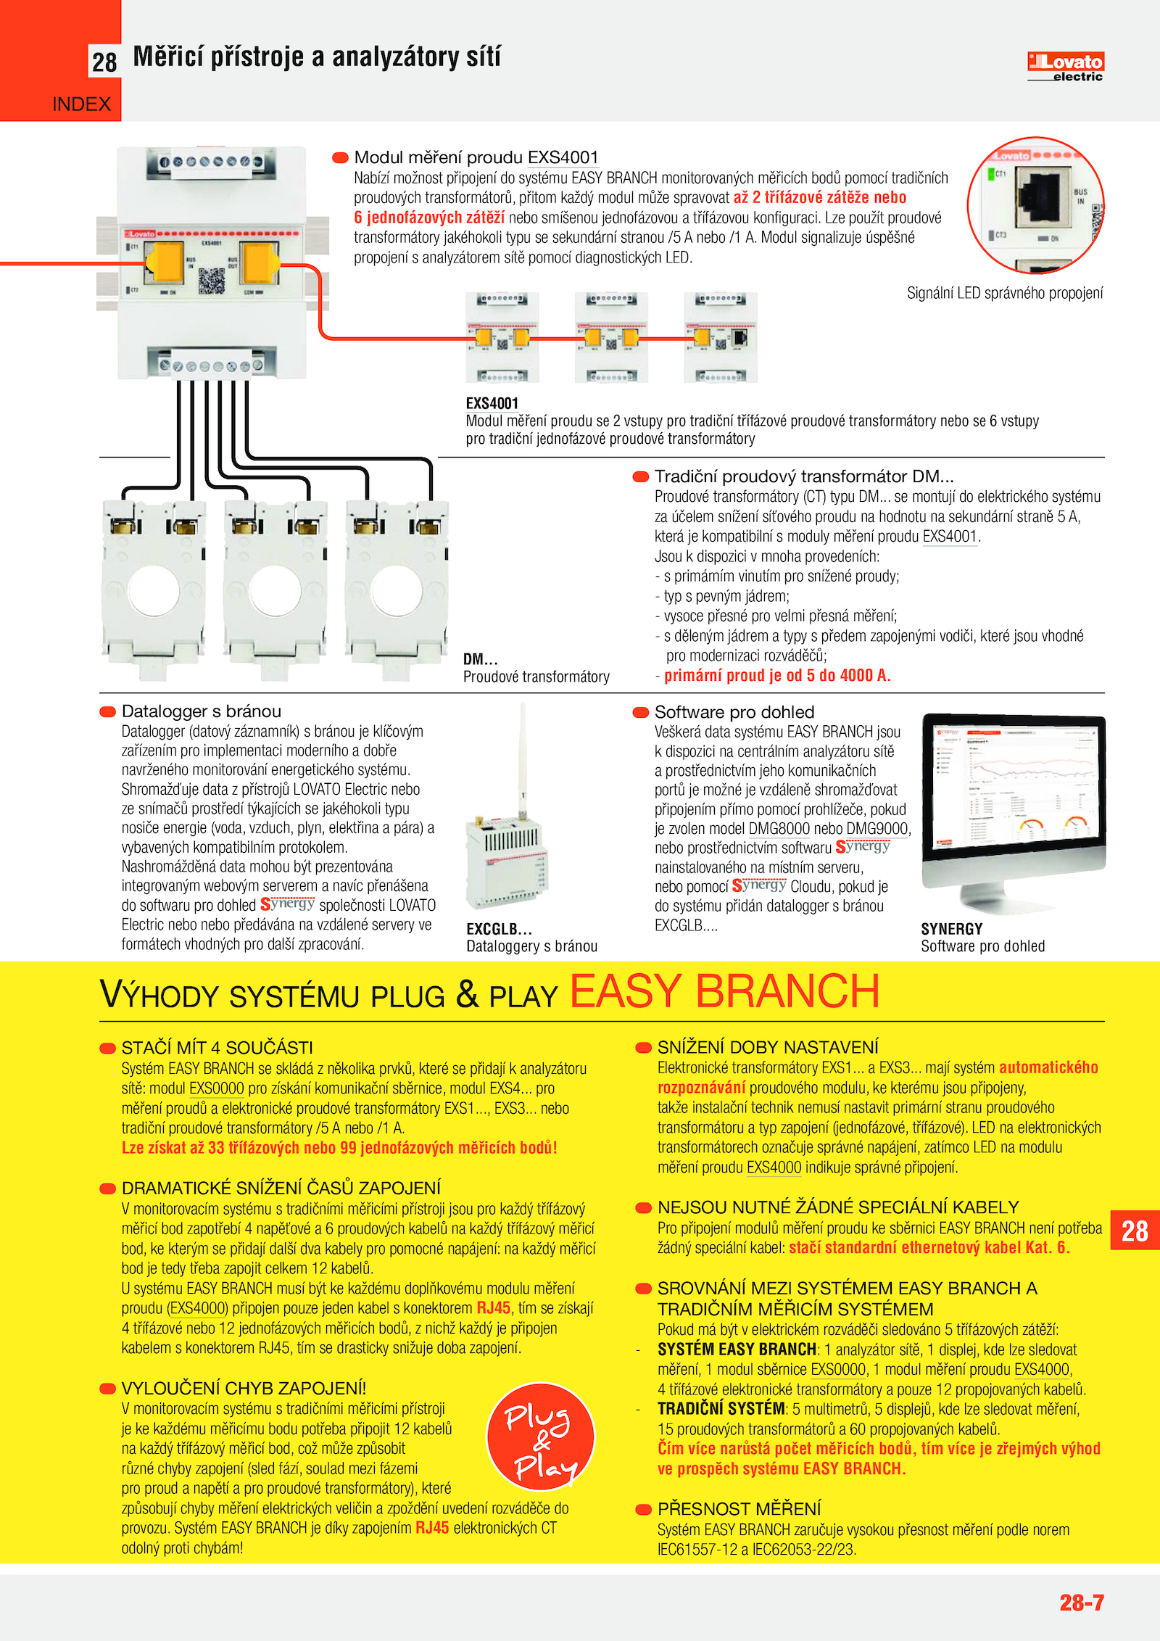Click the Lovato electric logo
coord(1065,67)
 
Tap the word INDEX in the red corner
coord(81,104)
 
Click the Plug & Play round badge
coord(541,1437)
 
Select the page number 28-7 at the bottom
coord(1081,1602)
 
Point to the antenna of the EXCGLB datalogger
coord(522,754)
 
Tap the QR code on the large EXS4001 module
coord(211,281)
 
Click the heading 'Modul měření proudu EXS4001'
coord(476,157)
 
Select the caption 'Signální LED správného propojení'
coord(1005,293)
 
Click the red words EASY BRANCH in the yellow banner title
coord(724,991)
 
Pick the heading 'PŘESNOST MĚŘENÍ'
coord(739,1509)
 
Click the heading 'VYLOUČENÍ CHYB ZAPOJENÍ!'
coord(244,1388)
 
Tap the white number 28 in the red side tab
coord(1135,1231)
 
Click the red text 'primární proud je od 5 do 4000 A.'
coord(777,676)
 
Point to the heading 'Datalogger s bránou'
coord(201,711)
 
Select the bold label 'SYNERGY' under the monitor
coord(951,929)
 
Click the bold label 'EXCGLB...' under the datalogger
coord(499,929)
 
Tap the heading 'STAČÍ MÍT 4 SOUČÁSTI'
coord(217,1048)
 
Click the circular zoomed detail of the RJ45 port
coord(1035,205)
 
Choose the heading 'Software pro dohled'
coord(734,712)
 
